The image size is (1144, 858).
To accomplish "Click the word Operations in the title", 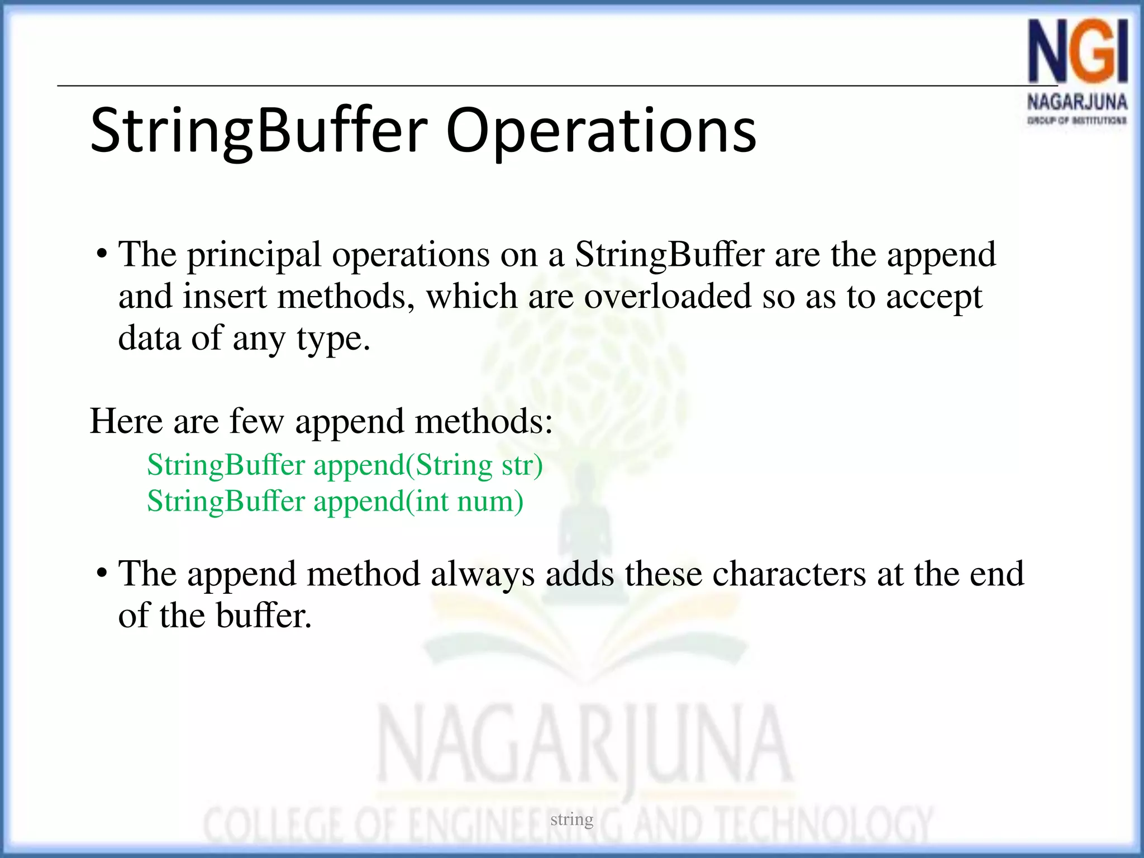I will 600,131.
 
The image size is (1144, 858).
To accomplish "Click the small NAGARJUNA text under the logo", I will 1077,102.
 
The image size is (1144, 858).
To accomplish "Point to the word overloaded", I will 668,296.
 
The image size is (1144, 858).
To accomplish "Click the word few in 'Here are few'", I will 256,421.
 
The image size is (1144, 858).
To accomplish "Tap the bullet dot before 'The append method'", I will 102,574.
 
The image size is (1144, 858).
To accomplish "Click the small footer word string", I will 571,819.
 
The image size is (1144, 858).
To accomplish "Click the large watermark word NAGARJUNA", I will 584,746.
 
